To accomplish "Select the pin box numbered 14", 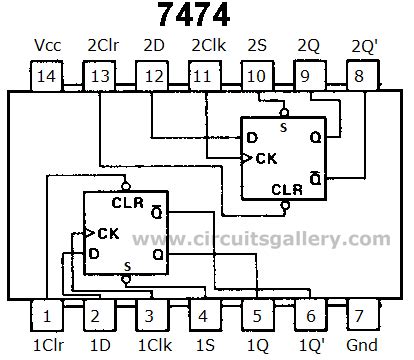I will (46, 76).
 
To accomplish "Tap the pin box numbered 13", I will (99, 76).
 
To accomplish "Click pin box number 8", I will (359, 76).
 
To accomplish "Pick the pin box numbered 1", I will (46, 316).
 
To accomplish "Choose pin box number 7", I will (359, 316).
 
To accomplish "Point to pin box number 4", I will (203, 316).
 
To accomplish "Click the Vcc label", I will (46, 46).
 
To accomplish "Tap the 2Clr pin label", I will (104, 46).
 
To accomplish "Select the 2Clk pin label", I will (208, 46).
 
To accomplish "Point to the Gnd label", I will (360, 346).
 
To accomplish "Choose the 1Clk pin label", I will (152, 346).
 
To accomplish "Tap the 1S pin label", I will (203, 346).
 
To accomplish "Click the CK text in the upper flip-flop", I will (265, 158).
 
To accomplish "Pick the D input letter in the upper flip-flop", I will (250, 136).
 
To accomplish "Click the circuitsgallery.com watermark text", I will (262, 239).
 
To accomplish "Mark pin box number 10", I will (255, 76).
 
